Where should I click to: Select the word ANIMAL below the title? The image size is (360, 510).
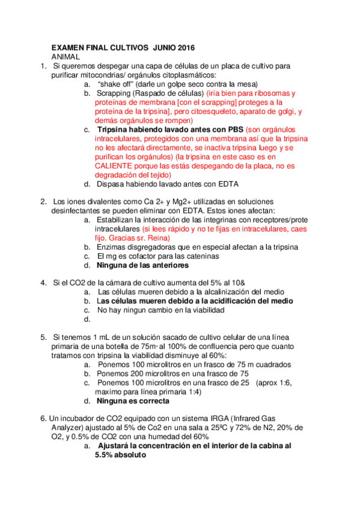66,56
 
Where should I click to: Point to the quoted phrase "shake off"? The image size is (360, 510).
120,84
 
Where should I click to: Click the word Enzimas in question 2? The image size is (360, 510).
112,247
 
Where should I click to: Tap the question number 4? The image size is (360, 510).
43,283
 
